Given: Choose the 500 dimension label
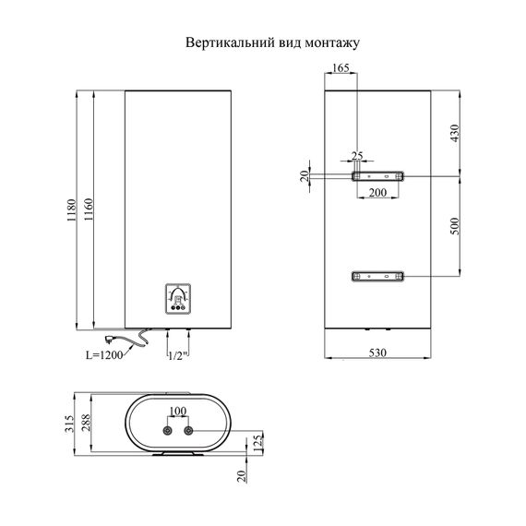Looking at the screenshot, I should click(x=454, y=226).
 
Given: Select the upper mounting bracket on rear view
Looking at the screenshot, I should click(x=377, y=175).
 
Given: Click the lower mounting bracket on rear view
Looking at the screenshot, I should click(x=377, y=275).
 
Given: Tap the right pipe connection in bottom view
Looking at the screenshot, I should click(x=190, y=430).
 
